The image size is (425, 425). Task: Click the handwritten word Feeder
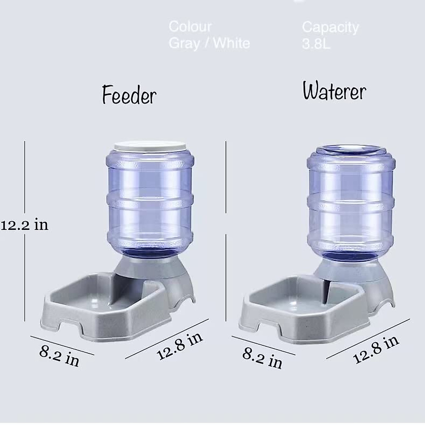point(129,95)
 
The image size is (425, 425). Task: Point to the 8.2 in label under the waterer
point(262,358)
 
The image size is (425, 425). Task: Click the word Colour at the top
point(190,27)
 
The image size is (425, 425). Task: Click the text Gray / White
point(209,43)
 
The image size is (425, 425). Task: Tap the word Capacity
point(330,27)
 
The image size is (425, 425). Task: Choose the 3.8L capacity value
point(316,44)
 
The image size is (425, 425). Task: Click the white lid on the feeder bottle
point(149,146)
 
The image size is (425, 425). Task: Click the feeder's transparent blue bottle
point(150,198)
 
